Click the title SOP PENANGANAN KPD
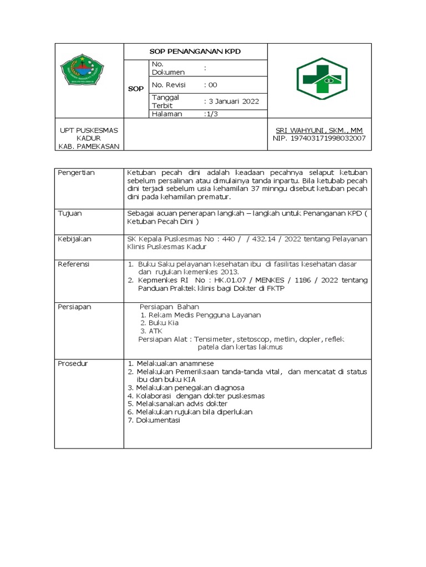195,51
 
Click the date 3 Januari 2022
231,101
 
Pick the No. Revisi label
169,85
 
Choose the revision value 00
211,85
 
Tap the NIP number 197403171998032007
319,138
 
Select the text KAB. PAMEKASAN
89,146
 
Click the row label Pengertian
76,173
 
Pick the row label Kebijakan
74,239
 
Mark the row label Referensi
74,264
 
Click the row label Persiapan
74,306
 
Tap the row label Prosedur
73,363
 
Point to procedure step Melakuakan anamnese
166,363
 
